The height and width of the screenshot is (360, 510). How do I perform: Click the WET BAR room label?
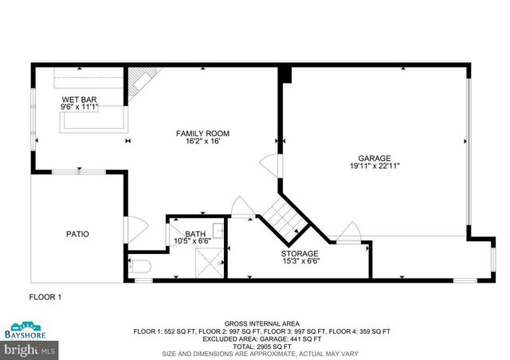[78, 99]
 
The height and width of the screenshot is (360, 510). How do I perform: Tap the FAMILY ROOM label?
[203, 133]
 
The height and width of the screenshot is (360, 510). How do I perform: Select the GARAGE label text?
[374, 158]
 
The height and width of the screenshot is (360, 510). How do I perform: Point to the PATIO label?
[77, 234]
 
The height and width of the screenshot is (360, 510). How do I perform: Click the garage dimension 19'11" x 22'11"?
[374, 166]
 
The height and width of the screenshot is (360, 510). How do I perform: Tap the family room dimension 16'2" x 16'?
[203, 142]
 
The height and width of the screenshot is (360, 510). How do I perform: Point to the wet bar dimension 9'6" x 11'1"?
[78, 107]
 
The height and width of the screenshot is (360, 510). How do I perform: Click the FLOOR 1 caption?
[46, 297]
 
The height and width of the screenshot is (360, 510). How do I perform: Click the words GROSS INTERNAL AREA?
[255, 316]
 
